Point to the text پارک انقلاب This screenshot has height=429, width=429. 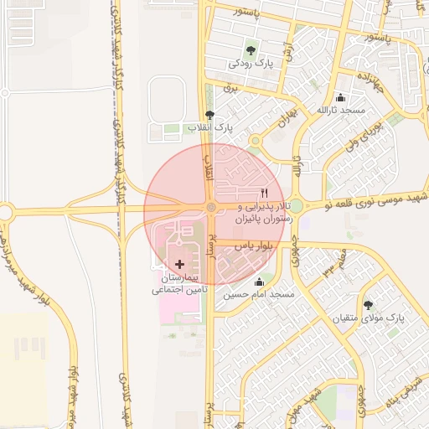(209, 127)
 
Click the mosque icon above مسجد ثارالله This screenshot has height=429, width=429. (340, 97)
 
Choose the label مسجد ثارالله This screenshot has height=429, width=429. (341, 111)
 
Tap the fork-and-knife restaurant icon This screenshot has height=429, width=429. (265, 192)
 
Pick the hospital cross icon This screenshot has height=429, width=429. (180, 264)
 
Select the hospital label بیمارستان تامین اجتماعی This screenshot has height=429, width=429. (179, 282)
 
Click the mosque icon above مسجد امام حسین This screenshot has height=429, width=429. (258, 282)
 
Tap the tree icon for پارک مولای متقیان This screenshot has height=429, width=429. (369, 305)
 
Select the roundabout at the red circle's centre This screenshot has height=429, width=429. (211, 207)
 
